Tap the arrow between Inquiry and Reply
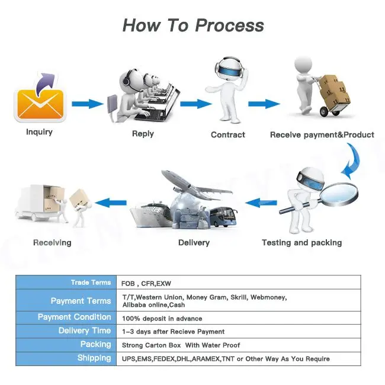tap(88, 104)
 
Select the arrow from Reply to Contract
tap(196, 104)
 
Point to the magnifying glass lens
tap(339, 193)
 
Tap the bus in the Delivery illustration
tap(223, 217)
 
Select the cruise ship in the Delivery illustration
tap(152, 214)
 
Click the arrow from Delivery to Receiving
tap(111, 203)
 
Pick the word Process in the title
tap(230, 25)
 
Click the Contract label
tap(228, 134)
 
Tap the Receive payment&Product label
tap(322, 134)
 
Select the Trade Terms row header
tap(66, 283)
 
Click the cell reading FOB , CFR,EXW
tap(146, 284)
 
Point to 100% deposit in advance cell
tap(162, 319)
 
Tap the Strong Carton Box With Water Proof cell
tap(181, 345)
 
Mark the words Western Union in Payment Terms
tap(159, 297)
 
